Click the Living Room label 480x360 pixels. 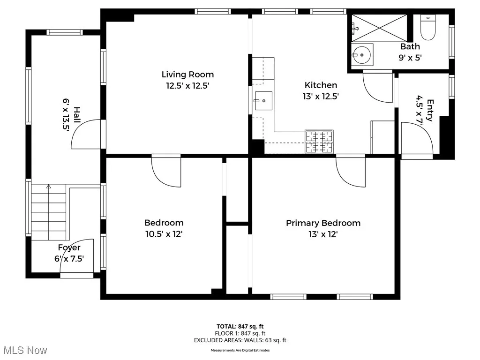[x=187, y=75]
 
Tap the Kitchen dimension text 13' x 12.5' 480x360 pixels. [x=321, y=96]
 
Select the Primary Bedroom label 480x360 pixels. [x=323, y=223]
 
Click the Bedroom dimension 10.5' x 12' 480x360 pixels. [x=164, y=234]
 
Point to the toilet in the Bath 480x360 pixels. [x=427, y=29]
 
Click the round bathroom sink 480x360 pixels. [x=362, y=55]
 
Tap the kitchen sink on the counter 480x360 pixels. [x=263, y=100]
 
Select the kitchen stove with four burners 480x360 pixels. [x=319, y=142]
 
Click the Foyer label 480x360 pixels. [x=69, y=248]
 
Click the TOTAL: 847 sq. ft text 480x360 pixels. [x=240, y=326]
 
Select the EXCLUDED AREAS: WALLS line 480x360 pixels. [x=240, y=340]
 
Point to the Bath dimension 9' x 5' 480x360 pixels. [x=410, y=58]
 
